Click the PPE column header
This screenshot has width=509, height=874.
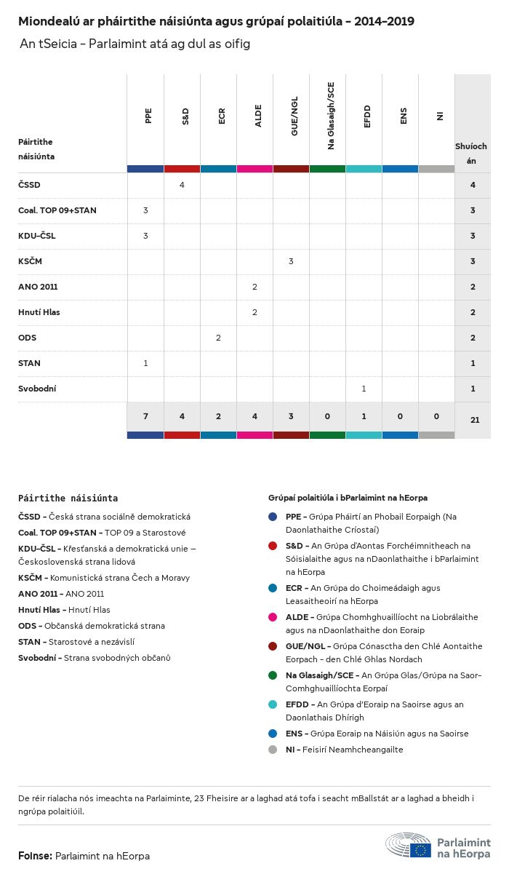(148, 116)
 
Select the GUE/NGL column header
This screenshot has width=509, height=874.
(294, 119)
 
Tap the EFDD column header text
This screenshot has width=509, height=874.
(366, 117)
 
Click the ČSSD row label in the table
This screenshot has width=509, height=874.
(30, 185)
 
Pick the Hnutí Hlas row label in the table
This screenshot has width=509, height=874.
(39, 312)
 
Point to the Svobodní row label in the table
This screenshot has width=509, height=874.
(37, 389)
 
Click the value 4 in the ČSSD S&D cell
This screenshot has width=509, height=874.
(182, 185)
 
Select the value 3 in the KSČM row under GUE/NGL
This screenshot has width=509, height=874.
(291, 261)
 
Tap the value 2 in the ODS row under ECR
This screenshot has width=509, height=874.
(218, 338)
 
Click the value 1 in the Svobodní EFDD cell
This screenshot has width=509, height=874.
(364, 389)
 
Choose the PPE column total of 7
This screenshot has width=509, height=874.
(145, 416)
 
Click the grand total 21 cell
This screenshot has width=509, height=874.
(473, 420)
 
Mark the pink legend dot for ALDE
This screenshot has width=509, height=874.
(273, 617)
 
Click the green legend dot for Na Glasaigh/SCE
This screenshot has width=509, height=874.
(273, 675)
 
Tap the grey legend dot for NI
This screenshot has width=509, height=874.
(273, 750)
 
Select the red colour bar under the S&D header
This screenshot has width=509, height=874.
(182, 169)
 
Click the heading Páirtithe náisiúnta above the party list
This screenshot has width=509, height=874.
(68, 498)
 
